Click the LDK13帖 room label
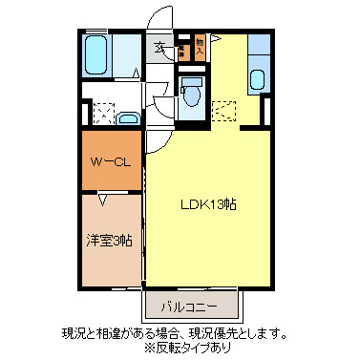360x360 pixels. point(208,204)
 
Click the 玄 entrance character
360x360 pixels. point(159,46)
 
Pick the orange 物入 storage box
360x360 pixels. point(200,47)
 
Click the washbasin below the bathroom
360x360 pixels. point(129,117)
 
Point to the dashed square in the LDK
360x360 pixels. point(224,111)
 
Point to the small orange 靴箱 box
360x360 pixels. point(181,49)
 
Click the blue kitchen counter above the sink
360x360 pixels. point(260,47)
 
